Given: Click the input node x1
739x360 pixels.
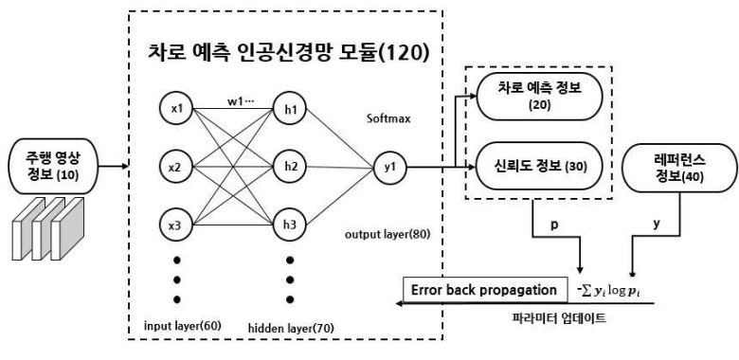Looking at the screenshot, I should pyautogui.click(x=175, y=109).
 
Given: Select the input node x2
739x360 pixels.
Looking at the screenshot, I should pyautogui.click(x=175, y=167).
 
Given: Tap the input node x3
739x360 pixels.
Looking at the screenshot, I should pyautogui.click(x=175, y=225).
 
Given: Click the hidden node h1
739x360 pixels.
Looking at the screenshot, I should pyautogui.click(x=290, y=109).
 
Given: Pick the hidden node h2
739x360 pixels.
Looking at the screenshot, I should pyautogui.click(x=290, y=167).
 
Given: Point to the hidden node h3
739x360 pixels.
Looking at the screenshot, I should pyautogui.click(x=290, y=225).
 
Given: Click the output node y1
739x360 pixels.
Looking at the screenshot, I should pyautogui.click(x=389, y=167).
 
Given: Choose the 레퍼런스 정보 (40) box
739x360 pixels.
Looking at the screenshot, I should pyautogui.click(x=677, y=167).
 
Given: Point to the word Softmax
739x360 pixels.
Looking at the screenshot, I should pyautogui.click(x=388, y=118).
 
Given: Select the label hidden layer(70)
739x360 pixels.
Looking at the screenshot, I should pyautogui.click(x=291, y=329).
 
